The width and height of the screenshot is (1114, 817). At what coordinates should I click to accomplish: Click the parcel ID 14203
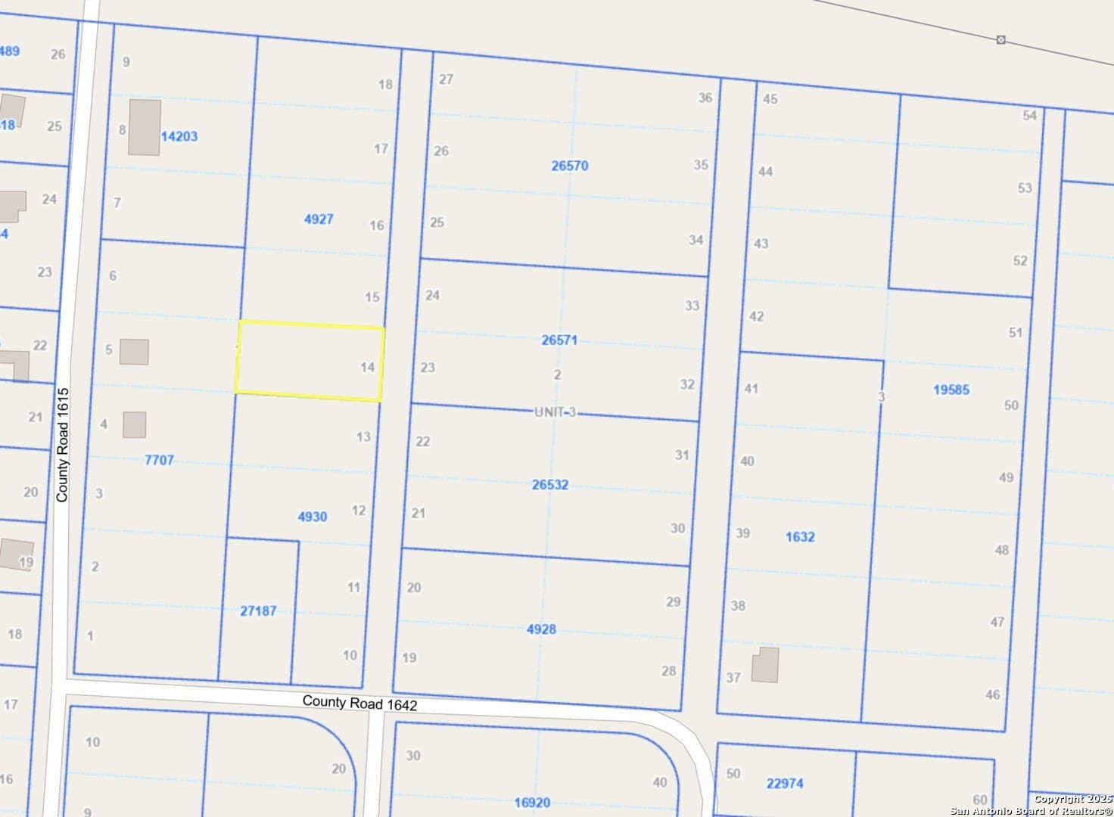coord(179,136)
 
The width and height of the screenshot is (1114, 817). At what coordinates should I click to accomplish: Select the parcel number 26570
coord(569,166)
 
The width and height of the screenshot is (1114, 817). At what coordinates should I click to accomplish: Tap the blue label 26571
coord(559,340)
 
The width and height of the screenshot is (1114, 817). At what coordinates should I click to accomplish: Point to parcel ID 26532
coord(550,485)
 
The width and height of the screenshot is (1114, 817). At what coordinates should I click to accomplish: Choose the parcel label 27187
coord(258,610)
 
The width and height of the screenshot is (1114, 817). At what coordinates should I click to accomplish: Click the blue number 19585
coord(951,390)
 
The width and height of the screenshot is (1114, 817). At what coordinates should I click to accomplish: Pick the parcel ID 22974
coord(785,783)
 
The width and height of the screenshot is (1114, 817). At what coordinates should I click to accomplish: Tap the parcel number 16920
coord(532,803)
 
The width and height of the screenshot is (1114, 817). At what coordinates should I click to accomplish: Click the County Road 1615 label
coord(63,445)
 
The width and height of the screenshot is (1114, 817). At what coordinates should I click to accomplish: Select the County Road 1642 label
coord(359,704)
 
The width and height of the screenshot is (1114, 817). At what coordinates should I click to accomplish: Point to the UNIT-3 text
coord(555,412)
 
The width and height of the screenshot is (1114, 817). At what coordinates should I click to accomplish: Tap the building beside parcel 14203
coord(144,127)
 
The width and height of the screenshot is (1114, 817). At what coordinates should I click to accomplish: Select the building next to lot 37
coord(765,665)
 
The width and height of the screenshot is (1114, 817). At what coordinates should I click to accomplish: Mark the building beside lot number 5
coord(134,352)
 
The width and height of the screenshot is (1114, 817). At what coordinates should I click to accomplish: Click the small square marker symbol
coord(1000,39)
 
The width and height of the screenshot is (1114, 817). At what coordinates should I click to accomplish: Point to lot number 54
coord(1029,116)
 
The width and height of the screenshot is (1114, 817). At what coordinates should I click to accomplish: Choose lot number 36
coord(705,98)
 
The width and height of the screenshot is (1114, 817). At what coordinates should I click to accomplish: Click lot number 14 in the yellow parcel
coord(367,368)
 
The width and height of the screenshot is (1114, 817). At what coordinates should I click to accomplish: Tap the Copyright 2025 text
coord(1072,799)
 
